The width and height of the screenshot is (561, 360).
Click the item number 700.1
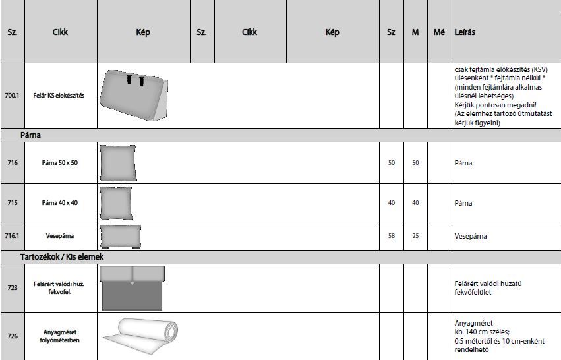click(12, 96)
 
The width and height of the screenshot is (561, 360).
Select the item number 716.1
click(12, 236)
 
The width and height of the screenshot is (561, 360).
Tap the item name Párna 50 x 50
click(60, 162)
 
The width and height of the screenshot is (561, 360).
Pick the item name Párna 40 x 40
click(60, 203)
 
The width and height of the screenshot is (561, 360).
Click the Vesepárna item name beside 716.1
click(60, 236)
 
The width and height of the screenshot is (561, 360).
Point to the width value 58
click(392, 236)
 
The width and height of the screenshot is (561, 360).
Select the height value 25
click(415, 236)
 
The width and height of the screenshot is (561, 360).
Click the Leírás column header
click(465, 32)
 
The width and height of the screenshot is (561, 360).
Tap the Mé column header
click(439, 32)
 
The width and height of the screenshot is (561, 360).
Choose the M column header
click(415, 32)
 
